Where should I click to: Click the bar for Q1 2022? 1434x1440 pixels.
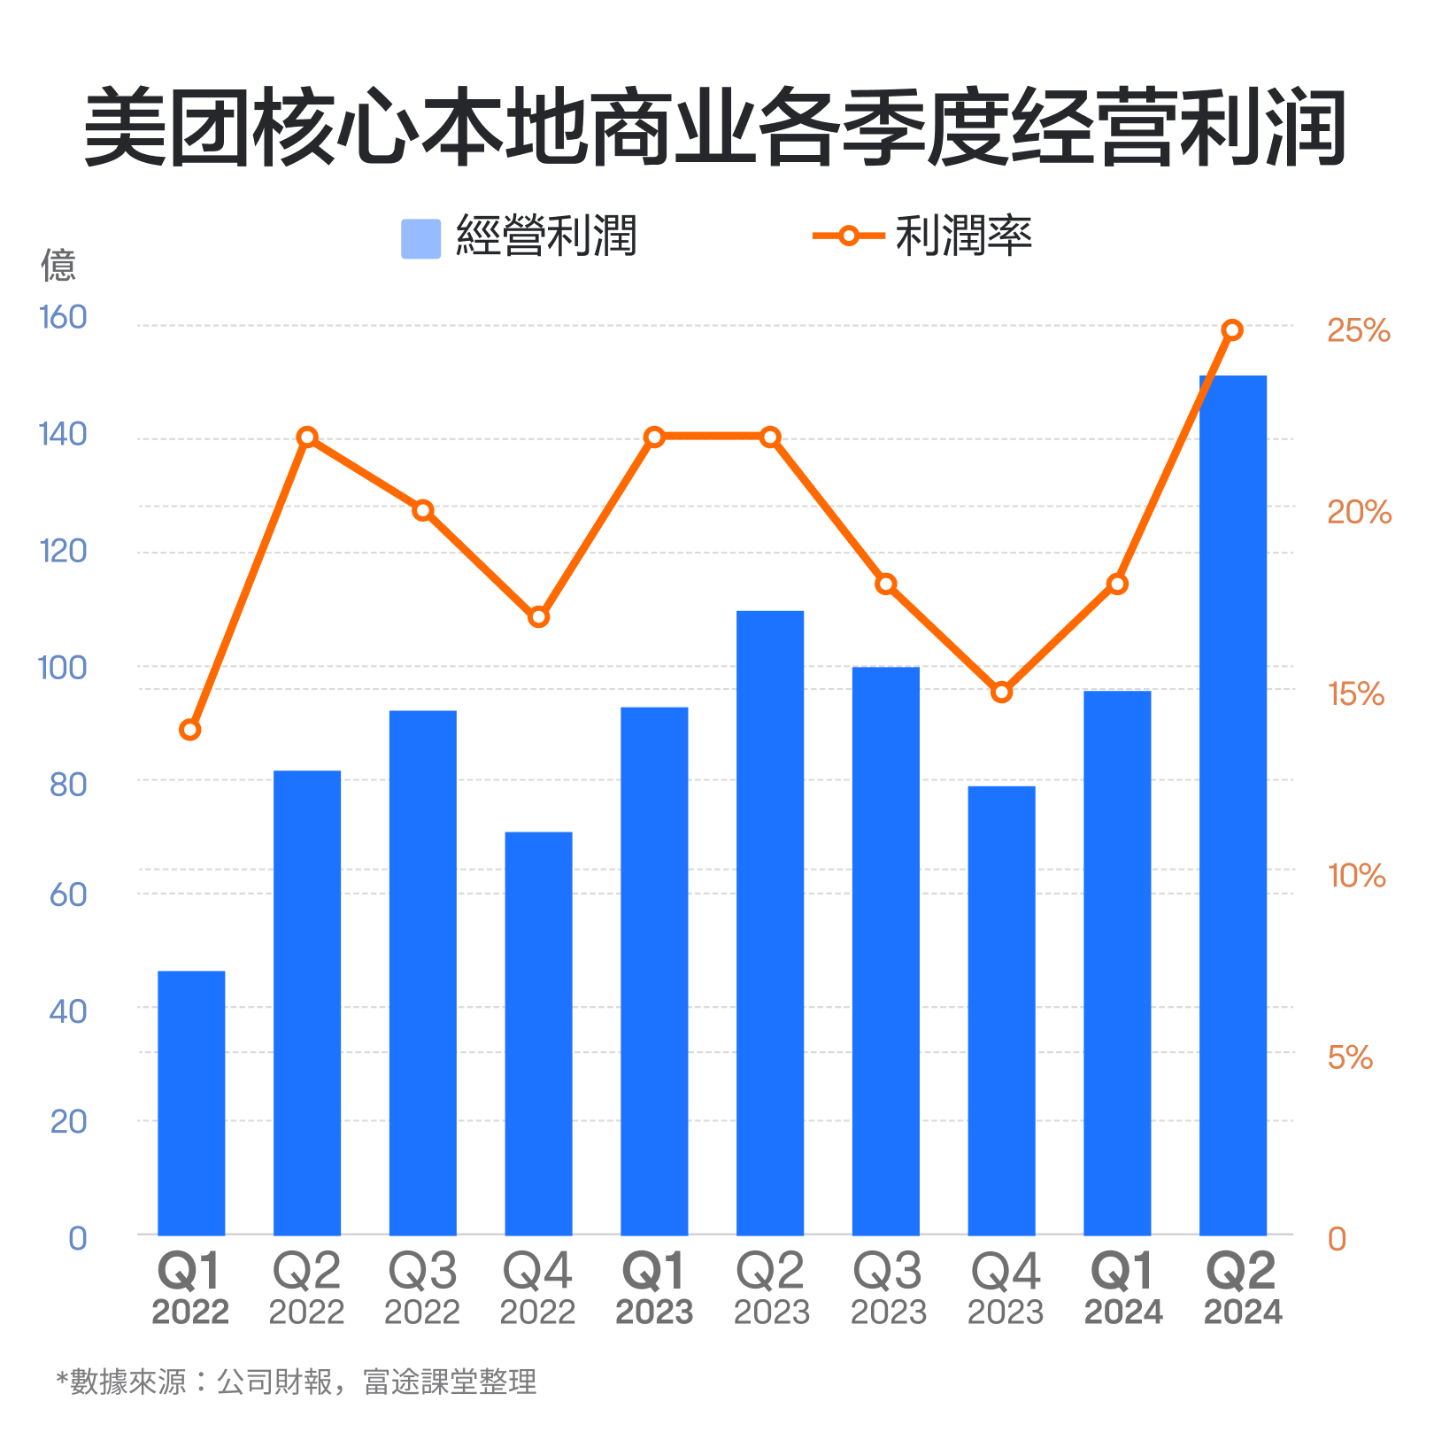(x=191, y=1103)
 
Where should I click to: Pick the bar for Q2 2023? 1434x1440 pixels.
(x=770, y=922)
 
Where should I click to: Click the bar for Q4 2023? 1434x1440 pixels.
(x=1001, y=1010)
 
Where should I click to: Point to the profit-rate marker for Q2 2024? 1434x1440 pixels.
(x=1232, y=330)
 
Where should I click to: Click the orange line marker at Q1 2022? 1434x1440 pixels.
(x=190, y=730)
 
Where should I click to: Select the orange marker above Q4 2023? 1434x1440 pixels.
(x=1001, y=693)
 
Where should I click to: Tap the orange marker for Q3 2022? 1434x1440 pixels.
(x=423, y=510)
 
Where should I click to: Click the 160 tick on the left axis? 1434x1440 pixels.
(x=63, y=317)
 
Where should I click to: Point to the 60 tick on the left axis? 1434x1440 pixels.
(x=68, y=894)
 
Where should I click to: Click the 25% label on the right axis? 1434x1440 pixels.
(x=1358, y=330)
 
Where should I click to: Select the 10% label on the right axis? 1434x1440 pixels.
(x=1356, y=876)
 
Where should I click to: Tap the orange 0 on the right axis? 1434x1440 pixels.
(x=1337, y=1239)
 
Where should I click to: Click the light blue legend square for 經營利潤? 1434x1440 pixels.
(x=420, y=238)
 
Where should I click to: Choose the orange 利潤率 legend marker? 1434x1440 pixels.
(x=848, y=236)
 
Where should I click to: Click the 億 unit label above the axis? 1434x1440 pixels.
(x=58, y=265)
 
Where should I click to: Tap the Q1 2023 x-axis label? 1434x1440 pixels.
(x=654, y=1287)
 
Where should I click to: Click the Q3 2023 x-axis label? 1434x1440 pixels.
(x=887, y=1287)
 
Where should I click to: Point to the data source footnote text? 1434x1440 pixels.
(x=297, y=1382)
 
